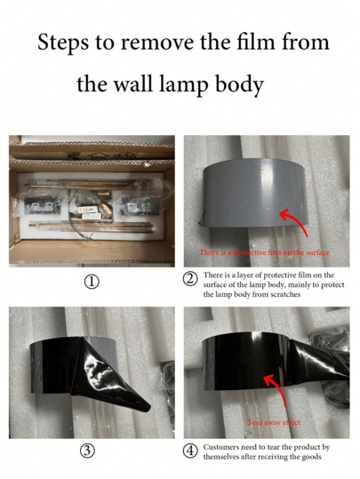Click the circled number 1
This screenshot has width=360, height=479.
pos(92,282)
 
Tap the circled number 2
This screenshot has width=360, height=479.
pos(189,279)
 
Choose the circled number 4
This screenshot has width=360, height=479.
pos(189,451)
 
